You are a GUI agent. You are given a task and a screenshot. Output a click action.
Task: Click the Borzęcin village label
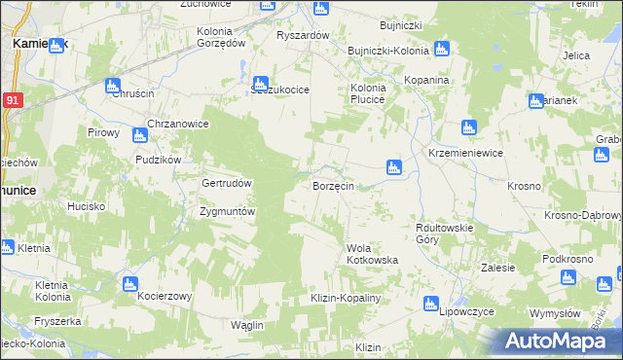coord(339,185)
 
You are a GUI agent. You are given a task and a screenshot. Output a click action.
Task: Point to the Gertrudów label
coord(227,183)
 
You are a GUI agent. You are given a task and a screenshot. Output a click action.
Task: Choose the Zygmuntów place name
coord(227,211)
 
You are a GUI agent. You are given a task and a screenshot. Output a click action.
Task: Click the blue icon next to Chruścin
coord(113,85)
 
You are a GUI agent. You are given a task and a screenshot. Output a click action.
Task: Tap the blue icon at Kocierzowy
coord(129,283)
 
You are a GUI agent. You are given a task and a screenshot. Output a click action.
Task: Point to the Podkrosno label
coord(569,259)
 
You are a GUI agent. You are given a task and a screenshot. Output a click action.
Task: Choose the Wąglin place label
coord(250,324)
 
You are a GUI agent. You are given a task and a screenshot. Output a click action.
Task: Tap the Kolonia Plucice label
coord(369,93)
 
